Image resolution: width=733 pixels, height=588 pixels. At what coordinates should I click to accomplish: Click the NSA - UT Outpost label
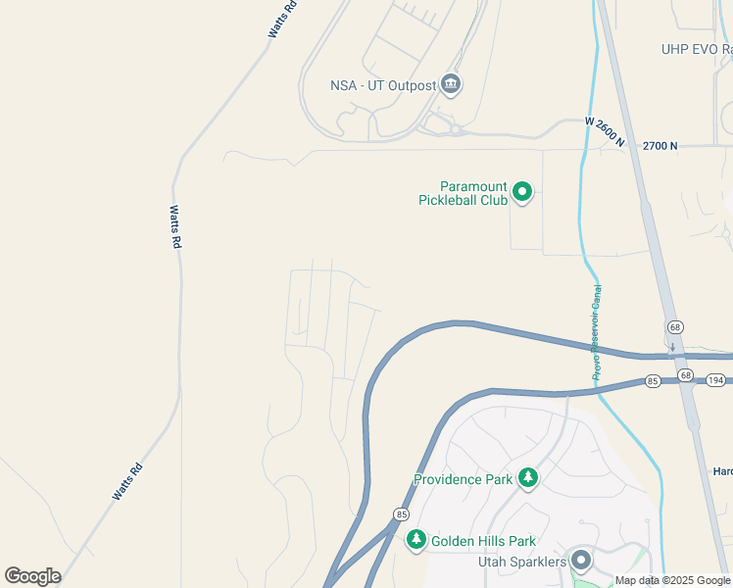coord(383,85)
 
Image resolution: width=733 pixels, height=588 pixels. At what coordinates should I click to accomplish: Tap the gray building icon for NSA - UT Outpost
coord(451,84)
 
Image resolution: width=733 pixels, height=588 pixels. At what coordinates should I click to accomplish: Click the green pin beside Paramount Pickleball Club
coord(522,192)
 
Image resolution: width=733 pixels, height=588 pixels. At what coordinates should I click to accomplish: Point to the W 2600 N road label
coord(605,131)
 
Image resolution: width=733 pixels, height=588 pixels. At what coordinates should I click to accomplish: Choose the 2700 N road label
coord(660,146)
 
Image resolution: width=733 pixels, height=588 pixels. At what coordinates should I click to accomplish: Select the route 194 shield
coord(716,378)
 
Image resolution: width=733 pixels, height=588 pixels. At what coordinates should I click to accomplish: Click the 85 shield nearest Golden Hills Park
coord(400,514)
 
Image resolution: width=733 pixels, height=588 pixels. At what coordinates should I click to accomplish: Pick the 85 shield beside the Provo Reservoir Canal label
coord(653,380)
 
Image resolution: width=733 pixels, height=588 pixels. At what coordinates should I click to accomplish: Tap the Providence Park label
coord(464,479)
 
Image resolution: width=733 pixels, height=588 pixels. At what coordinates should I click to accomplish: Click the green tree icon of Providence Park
coord(528,477)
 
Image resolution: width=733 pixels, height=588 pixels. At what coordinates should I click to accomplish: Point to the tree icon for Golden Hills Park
coord(415,539)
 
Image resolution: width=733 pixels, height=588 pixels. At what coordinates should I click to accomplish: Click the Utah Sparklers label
coord(521,562)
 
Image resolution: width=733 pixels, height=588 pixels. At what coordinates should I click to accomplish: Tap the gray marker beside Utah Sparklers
coord(581,561)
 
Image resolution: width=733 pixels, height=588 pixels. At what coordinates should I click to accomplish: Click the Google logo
coord(32,575)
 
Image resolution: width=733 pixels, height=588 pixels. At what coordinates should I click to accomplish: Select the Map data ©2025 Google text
coord(672,580)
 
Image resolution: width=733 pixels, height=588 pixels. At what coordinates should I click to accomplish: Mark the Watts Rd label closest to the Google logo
coord(127,481)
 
